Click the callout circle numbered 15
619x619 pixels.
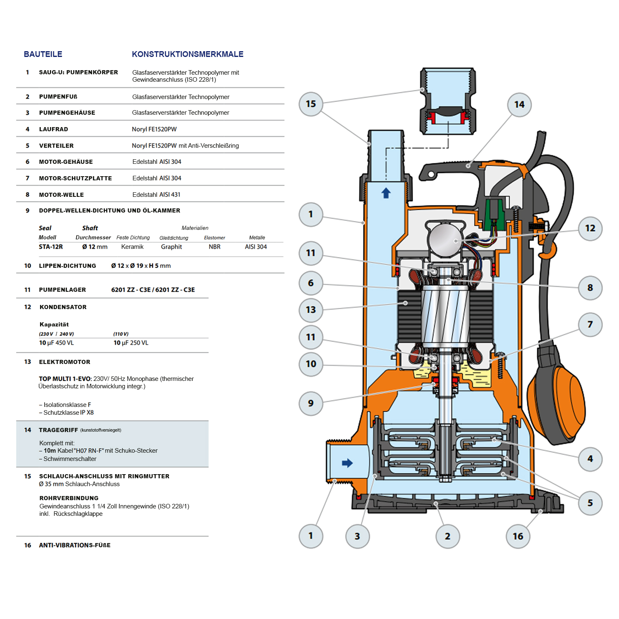[311, 104]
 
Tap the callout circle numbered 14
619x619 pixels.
[519, 105]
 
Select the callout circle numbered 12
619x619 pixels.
[590, 228]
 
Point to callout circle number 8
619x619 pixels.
[590, 288]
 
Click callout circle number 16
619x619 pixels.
[518, 536]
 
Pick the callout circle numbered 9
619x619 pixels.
[311, 403]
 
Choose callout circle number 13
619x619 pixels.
[311, 309]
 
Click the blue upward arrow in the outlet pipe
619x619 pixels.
[386, 193]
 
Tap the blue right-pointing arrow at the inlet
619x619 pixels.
[347, 463]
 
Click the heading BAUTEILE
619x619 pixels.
[43, 54]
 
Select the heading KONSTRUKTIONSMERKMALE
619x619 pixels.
[187, 54]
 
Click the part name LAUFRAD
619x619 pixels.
[54, 129]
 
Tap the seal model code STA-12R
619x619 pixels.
[51, 247]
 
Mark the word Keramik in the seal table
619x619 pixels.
[132, 247]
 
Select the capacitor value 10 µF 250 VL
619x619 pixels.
[131, 343]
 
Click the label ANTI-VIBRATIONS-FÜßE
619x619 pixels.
[75, 545]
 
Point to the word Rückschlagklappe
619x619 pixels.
[78, 514]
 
